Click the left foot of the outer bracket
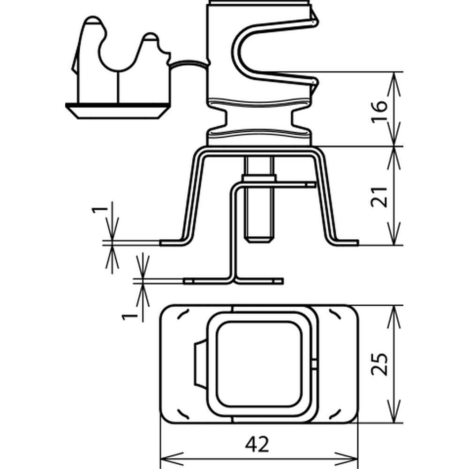[171, 242]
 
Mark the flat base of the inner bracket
[233, 281]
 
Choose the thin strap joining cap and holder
[188, 63]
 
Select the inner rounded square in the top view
[258, 364]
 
